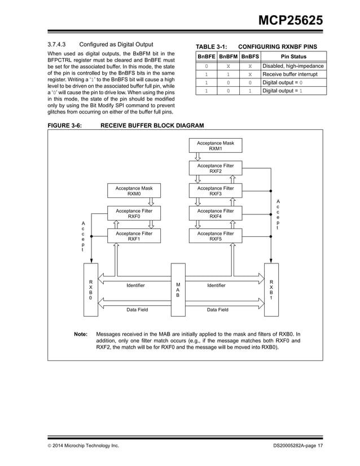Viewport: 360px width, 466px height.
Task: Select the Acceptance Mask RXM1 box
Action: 215,146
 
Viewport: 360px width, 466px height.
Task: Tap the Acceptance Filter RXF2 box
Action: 215,169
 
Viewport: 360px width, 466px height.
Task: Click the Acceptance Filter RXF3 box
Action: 215,191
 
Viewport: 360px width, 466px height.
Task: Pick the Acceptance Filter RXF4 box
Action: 215,214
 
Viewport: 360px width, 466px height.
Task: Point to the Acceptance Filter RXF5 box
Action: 215,236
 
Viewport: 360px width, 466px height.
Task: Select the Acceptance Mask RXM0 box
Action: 134,191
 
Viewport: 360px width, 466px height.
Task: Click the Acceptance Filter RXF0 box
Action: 134,214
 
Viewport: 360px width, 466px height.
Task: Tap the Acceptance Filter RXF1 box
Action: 134,236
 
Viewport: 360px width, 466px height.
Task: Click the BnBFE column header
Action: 206,57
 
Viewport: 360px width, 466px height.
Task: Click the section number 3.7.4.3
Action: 57,44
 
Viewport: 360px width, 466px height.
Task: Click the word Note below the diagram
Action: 81,334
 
